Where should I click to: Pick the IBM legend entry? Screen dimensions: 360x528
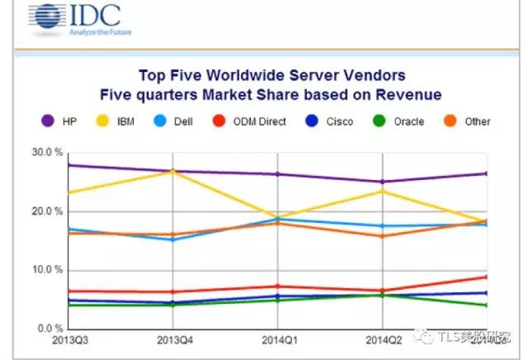point(138,121)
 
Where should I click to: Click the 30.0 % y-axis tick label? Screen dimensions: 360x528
point(48,153)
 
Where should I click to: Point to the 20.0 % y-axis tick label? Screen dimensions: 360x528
point(48,211)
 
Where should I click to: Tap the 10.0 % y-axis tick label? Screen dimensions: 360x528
point(48,270)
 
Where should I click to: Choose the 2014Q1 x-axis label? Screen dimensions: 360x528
point(277,341)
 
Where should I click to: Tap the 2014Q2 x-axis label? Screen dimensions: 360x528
point(381,341)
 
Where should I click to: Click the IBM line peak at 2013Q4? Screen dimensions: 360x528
point(172,171)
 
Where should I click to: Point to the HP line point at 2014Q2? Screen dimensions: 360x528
point(381,182)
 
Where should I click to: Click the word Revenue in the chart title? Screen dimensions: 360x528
point(407,94)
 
